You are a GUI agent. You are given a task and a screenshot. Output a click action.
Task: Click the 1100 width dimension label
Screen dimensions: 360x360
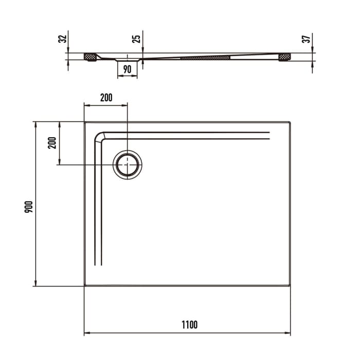pyautogui.click(x=189, y=325)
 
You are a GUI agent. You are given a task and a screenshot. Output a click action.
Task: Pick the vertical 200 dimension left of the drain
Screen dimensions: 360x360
pyautogui.click(x=51, y=142)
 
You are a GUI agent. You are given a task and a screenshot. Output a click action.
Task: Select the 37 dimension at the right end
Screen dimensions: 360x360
pyautogui.click(x=307, y=39)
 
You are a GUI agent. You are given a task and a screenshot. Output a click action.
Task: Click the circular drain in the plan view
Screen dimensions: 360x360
pyautogui.click(x=127, y=165)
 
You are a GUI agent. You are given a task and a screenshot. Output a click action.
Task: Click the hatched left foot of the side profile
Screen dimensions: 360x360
pyautogui.click(x=91, y=57)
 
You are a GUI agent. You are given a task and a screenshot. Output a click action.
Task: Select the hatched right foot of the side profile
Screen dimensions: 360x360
pyautogui.click(x=284, y=57)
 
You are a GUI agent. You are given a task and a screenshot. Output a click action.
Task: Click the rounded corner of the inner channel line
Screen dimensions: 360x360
pyautogui.click(x=99, y=137)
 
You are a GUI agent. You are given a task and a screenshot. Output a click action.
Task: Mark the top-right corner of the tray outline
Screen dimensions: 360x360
pyautogui.click(x=291, y=122)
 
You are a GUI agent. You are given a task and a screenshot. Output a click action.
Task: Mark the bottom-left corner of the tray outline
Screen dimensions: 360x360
pyautogui.click(x=84, y=285)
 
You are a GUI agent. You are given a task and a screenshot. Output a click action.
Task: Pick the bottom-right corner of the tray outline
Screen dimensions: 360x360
pyautogui.click(x=291, y=285)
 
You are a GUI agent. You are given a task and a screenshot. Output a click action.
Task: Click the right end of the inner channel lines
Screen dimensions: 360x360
pyautogui.click(x=269, y=136)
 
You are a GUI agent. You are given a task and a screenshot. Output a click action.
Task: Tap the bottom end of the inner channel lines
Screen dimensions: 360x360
pyautogui.click(x=98, y=265)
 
